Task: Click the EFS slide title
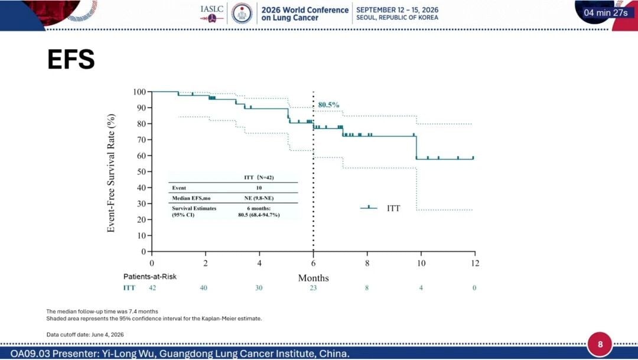pyautogui.click(x=71, y=60)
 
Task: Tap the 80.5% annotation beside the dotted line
pyautogui.click(x=328, y=105)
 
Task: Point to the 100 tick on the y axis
pyautogui.click(x=139, y=92)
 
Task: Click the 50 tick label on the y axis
pyautogui.click(x=141, y=171)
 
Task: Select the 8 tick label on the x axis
pyautogui.click(x=367, y=263)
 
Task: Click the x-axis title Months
pyautogui.click(x=313, y=278)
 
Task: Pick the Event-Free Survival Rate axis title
pyautogui.click(x=110, y=173)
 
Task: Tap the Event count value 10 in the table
pyautogui.click(x=259, y=188)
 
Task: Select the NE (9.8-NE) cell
pyautogui.click(x=259, y=198)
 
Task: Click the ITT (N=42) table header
pyautogui.click(x=259, y=177)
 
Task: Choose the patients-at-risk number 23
pyautogui.click(x=313, y=287)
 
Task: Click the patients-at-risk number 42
pyautogui.click(x=152, y=287)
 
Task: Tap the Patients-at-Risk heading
pyautogui.click(x=149, y=277)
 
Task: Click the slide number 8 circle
pyautogui.click(x=600, y=344)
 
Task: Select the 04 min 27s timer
pyautogui.click(x=606, y=12)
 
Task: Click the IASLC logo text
pyautogui.click(x=211, y=9)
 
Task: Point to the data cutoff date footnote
pyautogui.click(x=85, y=335)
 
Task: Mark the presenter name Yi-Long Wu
pyautogui.click(x=127, y=353)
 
